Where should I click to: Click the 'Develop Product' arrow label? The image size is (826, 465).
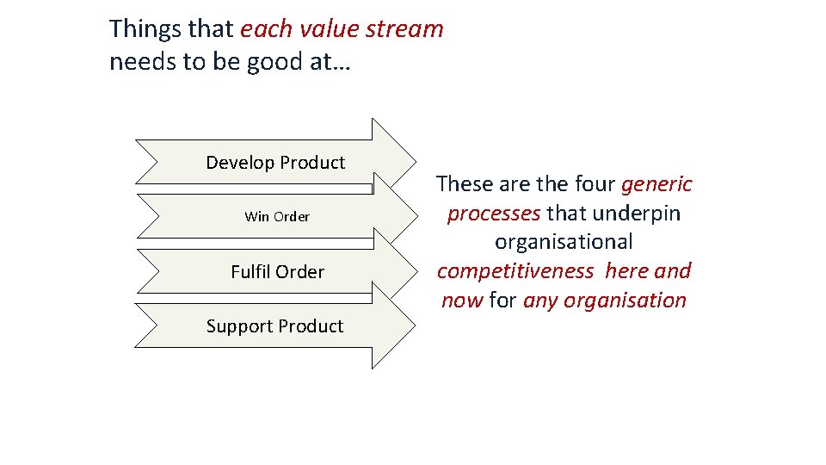(275, 163)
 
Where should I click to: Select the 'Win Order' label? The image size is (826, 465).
(277, 216)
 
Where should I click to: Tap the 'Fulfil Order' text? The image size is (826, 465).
(277, 272)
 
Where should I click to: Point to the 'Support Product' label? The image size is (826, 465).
(274, 326)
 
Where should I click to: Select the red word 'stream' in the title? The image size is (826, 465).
(404, 29)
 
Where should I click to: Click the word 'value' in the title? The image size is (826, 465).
(331, 29)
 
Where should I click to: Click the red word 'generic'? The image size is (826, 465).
(656, 184)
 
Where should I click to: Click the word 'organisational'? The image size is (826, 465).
(564, 242)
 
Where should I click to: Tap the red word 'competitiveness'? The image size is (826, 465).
(515, 271)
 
